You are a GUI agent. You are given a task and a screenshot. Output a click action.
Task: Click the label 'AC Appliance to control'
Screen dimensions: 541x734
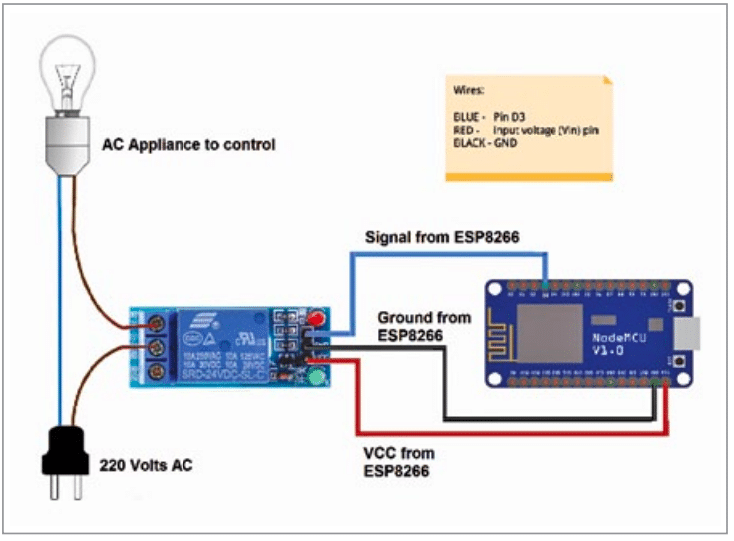(188, 145)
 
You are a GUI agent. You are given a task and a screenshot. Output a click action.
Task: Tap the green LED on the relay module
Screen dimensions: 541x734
(317, 378)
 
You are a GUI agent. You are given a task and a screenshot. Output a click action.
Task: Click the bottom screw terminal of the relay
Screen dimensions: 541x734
(157, 372)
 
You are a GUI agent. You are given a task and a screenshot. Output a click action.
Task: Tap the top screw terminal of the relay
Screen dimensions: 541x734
(157, 324)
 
